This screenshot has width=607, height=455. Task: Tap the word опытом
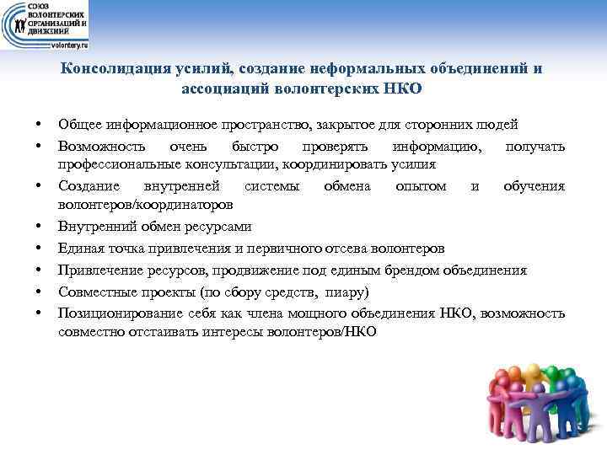pyautogui.click(x=422, y=186)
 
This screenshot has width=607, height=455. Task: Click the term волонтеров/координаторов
pyautogui.click(x=148, y=205)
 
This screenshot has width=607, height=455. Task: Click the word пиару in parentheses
pyautogui.click(x=349, y=292)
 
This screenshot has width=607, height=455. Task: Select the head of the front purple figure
pyautogui.click(x=537, y=412)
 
